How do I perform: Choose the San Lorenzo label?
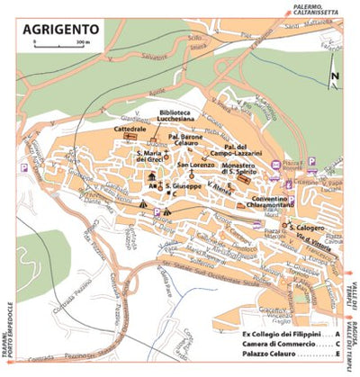(x=194, y=166)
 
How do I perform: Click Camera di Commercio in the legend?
(x=282, y=344)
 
